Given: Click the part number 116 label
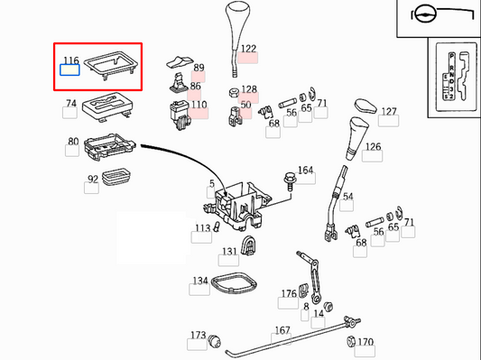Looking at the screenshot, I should (x=70, y=61).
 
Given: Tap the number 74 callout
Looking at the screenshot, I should (x=70, y=105).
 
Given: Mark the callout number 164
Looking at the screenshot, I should (x=306, y=171).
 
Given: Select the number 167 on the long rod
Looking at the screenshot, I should (x=282, y=331).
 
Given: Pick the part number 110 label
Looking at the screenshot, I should (x=199, y=106).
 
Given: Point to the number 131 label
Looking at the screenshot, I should (x=230, y=252).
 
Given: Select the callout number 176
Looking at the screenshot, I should (x=289, y=293).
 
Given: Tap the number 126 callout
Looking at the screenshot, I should (x=372, y=146).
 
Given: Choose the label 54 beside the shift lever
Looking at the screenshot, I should (x=347, y=197).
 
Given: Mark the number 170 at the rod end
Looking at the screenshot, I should (x=365, y=343).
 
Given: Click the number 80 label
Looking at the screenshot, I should (x=72, y=143).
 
